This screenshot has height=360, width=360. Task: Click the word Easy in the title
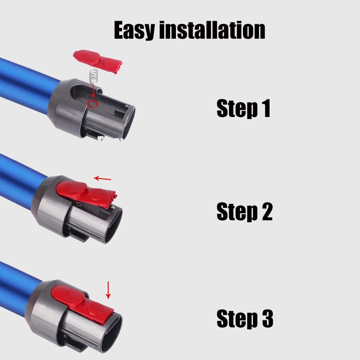coord(134,30)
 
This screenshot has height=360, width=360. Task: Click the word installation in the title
coord(213,30)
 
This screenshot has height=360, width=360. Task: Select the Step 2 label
coord(244,211)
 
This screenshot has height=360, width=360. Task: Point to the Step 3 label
coord(244,319)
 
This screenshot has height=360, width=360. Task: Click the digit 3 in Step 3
coord(266,319)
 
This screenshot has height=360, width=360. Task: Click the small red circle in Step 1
coord(93,104)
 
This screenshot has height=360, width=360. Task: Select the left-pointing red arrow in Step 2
coord(103,179)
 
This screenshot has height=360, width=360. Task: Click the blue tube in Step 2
coord(20,180)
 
